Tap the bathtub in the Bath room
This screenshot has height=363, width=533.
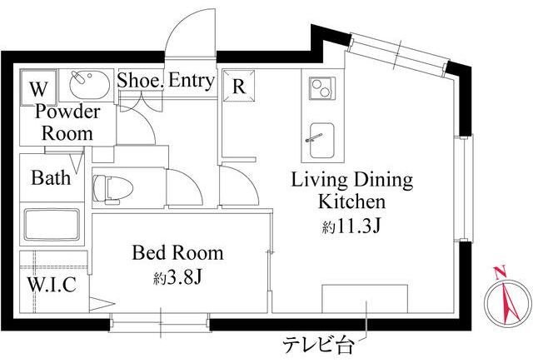[x=52, y=224]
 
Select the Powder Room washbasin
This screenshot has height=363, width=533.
[x=89, y=85]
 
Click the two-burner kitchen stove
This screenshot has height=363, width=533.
[x=322, y=88]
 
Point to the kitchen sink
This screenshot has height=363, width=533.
[x=321, y=141]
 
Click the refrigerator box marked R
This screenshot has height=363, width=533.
[x=239, y=86]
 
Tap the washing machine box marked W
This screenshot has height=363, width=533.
[x=38, y=87]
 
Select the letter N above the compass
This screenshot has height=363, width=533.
[x=500, y=272]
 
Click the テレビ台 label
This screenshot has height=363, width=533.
[x=318, y=346]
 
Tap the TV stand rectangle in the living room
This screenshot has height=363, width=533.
[x=365, y=299]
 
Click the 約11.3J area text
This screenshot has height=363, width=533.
[x=351, y=226]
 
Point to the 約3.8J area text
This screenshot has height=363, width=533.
[x=177, y=278]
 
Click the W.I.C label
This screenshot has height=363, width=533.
[x=52, y=285]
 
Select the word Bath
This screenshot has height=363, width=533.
[x=51, y=178]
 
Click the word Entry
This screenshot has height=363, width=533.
[x=192, y=81]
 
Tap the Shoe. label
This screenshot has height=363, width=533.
[x=141, y=81]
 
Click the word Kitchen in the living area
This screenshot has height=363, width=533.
[x=351, y=201]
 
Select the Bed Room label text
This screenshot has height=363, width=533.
[x=177, y=253]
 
